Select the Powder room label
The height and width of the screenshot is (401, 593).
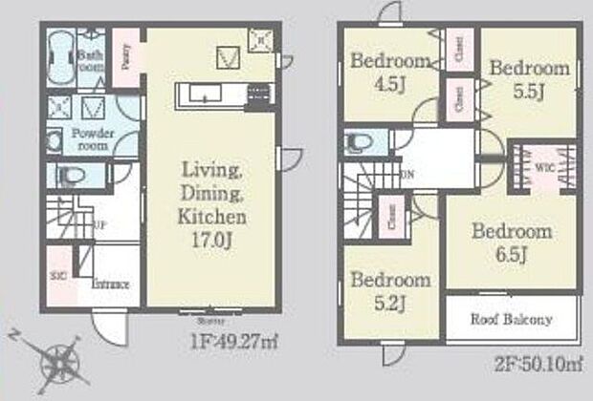(x=93, y=140)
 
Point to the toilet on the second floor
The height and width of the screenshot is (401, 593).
(x=361, y=142)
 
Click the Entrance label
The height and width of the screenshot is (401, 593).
(x=112, y=284)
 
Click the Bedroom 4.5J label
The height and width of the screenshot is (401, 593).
(x=390, y=72)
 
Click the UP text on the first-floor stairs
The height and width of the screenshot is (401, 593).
(x=99, y=225)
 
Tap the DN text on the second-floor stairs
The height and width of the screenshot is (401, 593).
(x=407, y=176)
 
